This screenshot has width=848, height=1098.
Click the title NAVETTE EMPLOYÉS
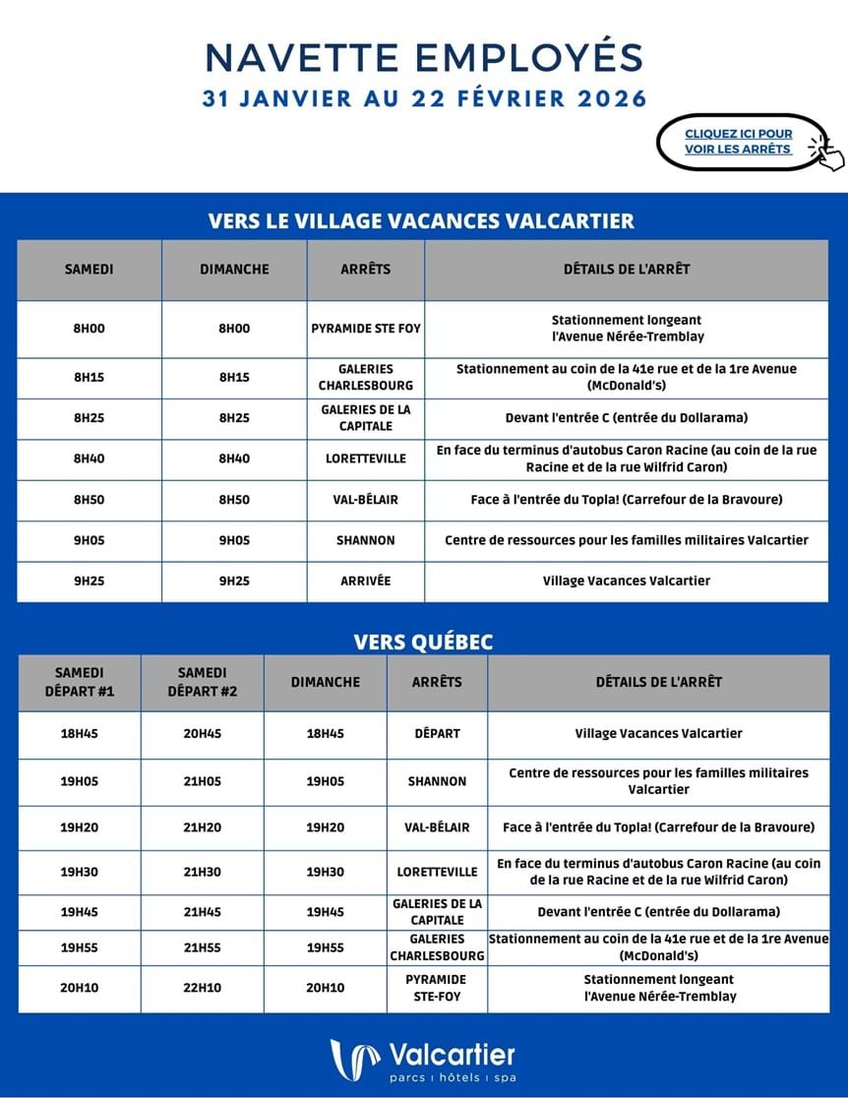424,57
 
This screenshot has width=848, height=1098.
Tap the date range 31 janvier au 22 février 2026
424,99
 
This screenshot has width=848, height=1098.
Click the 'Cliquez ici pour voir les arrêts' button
739,142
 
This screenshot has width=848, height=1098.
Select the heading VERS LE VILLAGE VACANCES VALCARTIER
421,220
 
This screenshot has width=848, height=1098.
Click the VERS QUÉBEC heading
423,641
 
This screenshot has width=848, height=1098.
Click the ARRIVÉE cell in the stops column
365,580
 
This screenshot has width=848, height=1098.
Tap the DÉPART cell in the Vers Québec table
437,733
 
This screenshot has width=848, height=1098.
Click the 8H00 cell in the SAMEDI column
89,329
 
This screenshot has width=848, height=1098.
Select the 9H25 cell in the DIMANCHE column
234,580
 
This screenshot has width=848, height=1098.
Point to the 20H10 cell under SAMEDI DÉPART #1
79,988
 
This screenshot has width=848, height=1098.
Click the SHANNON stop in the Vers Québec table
437,781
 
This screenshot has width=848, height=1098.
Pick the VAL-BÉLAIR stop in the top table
365,500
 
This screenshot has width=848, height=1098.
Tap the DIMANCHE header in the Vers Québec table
326,682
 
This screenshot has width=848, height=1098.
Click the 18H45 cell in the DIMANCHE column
326,733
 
